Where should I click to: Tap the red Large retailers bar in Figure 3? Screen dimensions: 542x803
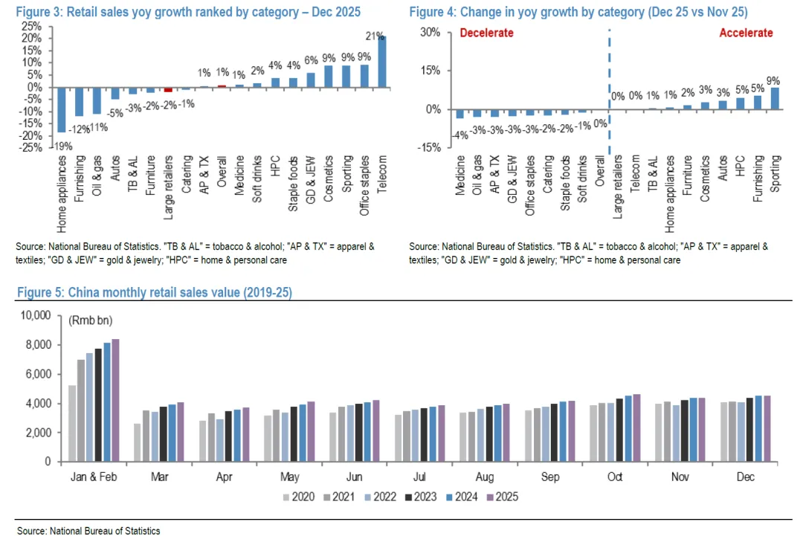[169, 89]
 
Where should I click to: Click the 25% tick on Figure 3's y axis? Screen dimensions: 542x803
[30, 25]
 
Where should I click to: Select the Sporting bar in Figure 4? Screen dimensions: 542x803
[775, 98]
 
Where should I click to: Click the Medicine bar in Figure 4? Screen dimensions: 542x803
[460, 113]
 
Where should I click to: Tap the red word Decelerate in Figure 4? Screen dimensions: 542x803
[486, 33]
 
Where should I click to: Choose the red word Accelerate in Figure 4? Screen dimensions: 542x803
[746, 33]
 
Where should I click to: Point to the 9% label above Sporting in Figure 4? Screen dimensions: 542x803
[774, 80]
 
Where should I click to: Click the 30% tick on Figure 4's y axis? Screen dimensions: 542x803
[431, 32]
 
